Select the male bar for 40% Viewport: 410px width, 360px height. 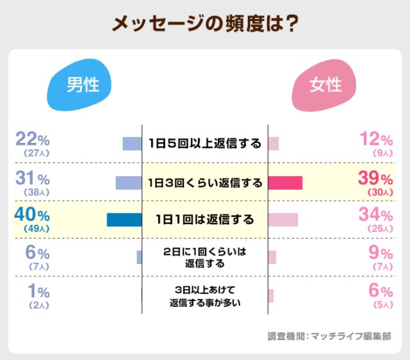[x=124, y=220]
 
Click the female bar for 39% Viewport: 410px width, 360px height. [x=285, y=183]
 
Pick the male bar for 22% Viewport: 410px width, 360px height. [x=132, y=143]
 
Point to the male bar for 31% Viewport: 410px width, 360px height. [x=128, y=183]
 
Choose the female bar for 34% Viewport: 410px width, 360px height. [x=283, y=220]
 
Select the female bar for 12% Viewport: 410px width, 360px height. [x=273, y=143]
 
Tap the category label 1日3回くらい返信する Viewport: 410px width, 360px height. [x=204, y=183]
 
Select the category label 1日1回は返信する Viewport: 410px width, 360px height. [x=204, y=220]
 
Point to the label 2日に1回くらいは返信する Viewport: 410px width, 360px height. [x=204, y=258]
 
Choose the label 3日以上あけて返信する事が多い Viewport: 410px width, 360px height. [x=204, y=295]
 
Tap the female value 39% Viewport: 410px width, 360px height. [x=375, y=177]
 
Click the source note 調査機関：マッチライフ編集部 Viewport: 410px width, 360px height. [x=329, y=336]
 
